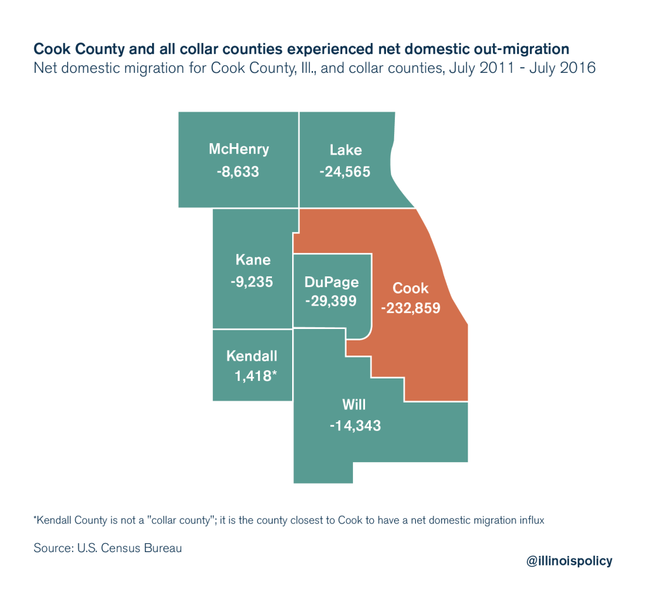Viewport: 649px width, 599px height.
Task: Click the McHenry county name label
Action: pyautogui.click(x=239, y=150)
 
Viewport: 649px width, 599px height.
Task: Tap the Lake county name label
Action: pyautogui.click(x=345, y=150)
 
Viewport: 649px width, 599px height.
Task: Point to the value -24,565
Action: pyautogui.click(x=345, y=172)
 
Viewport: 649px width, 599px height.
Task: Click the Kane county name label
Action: pyautogui.click(x=252, y=260)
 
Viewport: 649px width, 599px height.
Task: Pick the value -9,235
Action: pyautogui.click(x=252, y=281)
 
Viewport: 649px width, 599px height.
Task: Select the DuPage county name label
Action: pyautogui.click(x=331, y=283)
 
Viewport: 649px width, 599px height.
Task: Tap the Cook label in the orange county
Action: pyautogui.click(x=411, y=288)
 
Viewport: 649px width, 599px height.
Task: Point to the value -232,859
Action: pyautogui.click(x=411, y=309)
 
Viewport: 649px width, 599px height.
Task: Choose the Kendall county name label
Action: pyautogui.click(x=252, y=356)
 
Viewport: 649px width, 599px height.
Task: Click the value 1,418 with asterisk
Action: pyautogui.click(x=255, y=376)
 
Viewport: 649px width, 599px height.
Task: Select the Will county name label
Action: pyautogui.click(x=355, y=405)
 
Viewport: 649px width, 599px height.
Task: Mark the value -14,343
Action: pyautogui.click(x=355, y=426)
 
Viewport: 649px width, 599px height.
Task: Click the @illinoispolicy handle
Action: pyautogui.click(x=569, y=560)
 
